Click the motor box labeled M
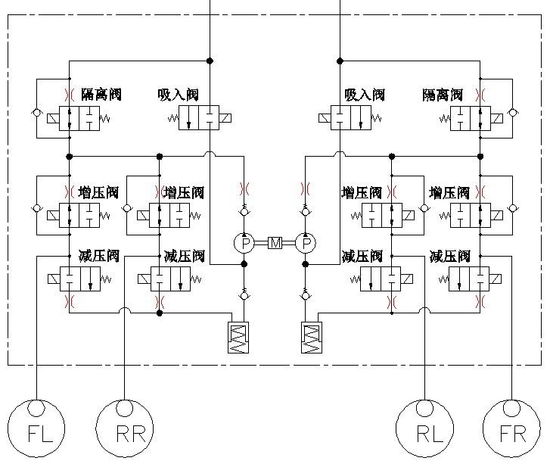[x=275, y=243]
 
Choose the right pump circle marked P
[x=306, y=243]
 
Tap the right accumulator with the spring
[x=311, y=336]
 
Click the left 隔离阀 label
[x=100, y=95]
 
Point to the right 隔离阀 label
[x=443, y=95]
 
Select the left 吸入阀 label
[x=179, y=95]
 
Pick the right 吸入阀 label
[x=365, y=95]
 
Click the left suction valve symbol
[x=199, y=118]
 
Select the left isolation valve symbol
[x=79, y=118]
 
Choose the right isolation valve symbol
[x=470, y=118]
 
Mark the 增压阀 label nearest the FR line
[x=449, y=192]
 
